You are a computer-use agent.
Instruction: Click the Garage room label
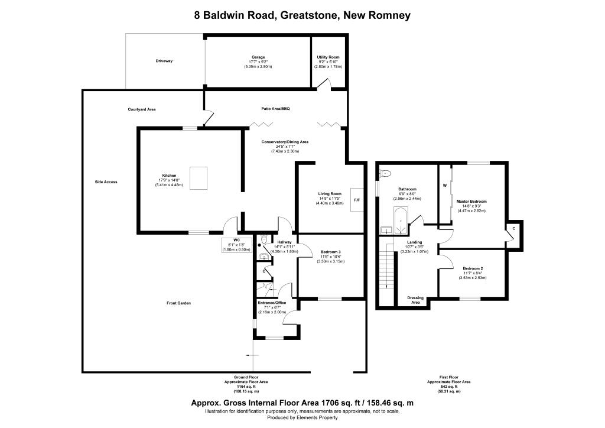258,57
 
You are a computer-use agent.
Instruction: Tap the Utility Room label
328,57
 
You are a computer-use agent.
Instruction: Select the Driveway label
164,61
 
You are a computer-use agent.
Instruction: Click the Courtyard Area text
142,109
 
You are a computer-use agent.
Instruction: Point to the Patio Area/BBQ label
276,109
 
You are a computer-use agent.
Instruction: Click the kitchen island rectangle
198,178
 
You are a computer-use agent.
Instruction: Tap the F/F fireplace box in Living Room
357,200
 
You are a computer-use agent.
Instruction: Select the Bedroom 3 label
330,252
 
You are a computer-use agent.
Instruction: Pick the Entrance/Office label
272,303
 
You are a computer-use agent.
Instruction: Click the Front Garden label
178,303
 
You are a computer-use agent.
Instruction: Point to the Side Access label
106,182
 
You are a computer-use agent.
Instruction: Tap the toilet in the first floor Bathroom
386,173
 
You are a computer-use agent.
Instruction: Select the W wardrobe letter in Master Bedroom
444,185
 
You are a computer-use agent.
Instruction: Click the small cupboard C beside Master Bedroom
513,228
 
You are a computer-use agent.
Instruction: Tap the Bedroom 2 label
473,268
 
